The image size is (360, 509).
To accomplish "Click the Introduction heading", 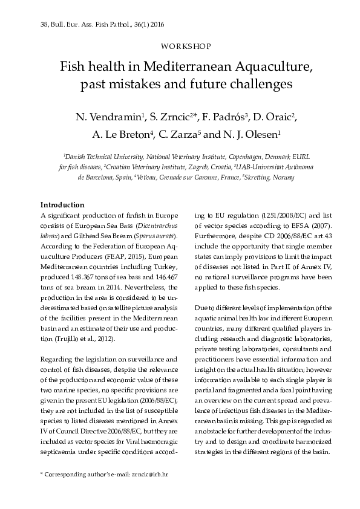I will coord(62,204).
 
